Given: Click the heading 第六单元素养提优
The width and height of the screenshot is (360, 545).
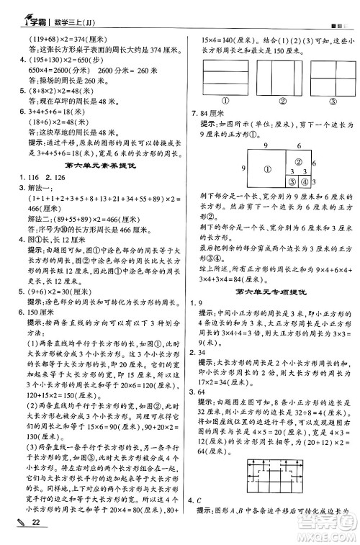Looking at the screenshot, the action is pyautogui.click(x=94, y=165).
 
